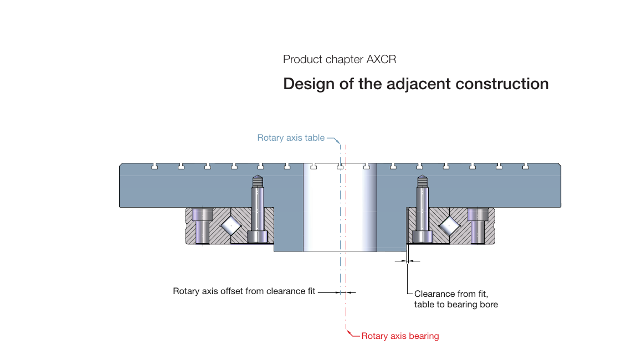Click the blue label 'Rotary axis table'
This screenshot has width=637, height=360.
291,138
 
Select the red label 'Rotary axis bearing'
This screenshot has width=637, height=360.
400,336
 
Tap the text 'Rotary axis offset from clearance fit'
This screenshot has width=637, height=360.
244,291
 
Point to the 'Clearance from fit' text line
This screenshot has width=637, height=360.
451,294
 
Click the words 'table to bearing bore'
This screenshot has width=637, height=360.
456,305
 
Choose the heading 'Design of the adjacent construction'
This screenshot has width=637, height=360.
415,84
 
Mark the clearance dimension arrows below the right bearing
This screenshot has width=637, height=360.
407,261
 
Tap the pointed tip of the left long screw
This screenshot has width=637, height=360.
258,179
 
